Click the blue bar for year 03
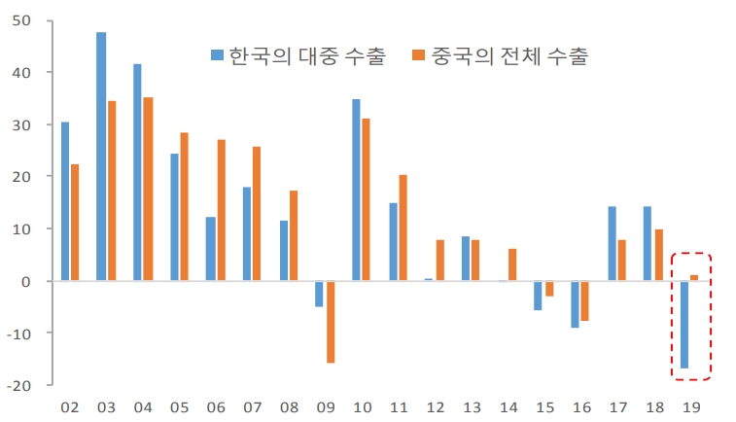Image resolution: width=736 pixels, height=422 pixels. (101, 157)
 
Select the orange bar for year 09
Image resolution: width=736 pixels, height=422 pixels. (331, 322)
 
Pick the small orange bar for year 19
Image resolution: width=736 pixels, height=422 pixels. (694, 278)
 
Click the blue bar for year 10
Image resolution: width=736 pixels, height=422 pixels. (357, 190)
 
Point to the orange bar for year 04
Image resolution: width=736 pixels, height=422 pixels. (148, 189)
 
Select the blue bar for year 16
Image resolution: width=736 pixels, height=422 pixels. (576, 304)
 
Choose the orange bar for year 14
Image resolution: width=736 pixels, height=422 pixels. (513, 264)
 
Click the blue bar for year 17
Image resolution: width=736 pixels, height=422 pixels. (613, 243)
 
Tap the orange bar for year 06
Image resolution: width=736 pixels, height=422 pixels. (222, 210)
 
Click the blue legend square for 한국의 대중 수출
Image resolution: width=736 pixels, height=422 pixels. (218, 55)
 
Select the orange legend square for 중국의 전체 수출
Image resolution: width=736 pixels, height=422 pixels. (420, 55)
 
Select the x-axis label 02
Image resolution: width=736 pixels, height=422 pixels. (70, 407)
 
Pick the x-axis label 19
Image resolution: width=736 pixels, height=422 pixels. (689, 407)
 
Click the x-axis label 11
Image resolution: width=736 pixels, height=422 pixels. (398, 407)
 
